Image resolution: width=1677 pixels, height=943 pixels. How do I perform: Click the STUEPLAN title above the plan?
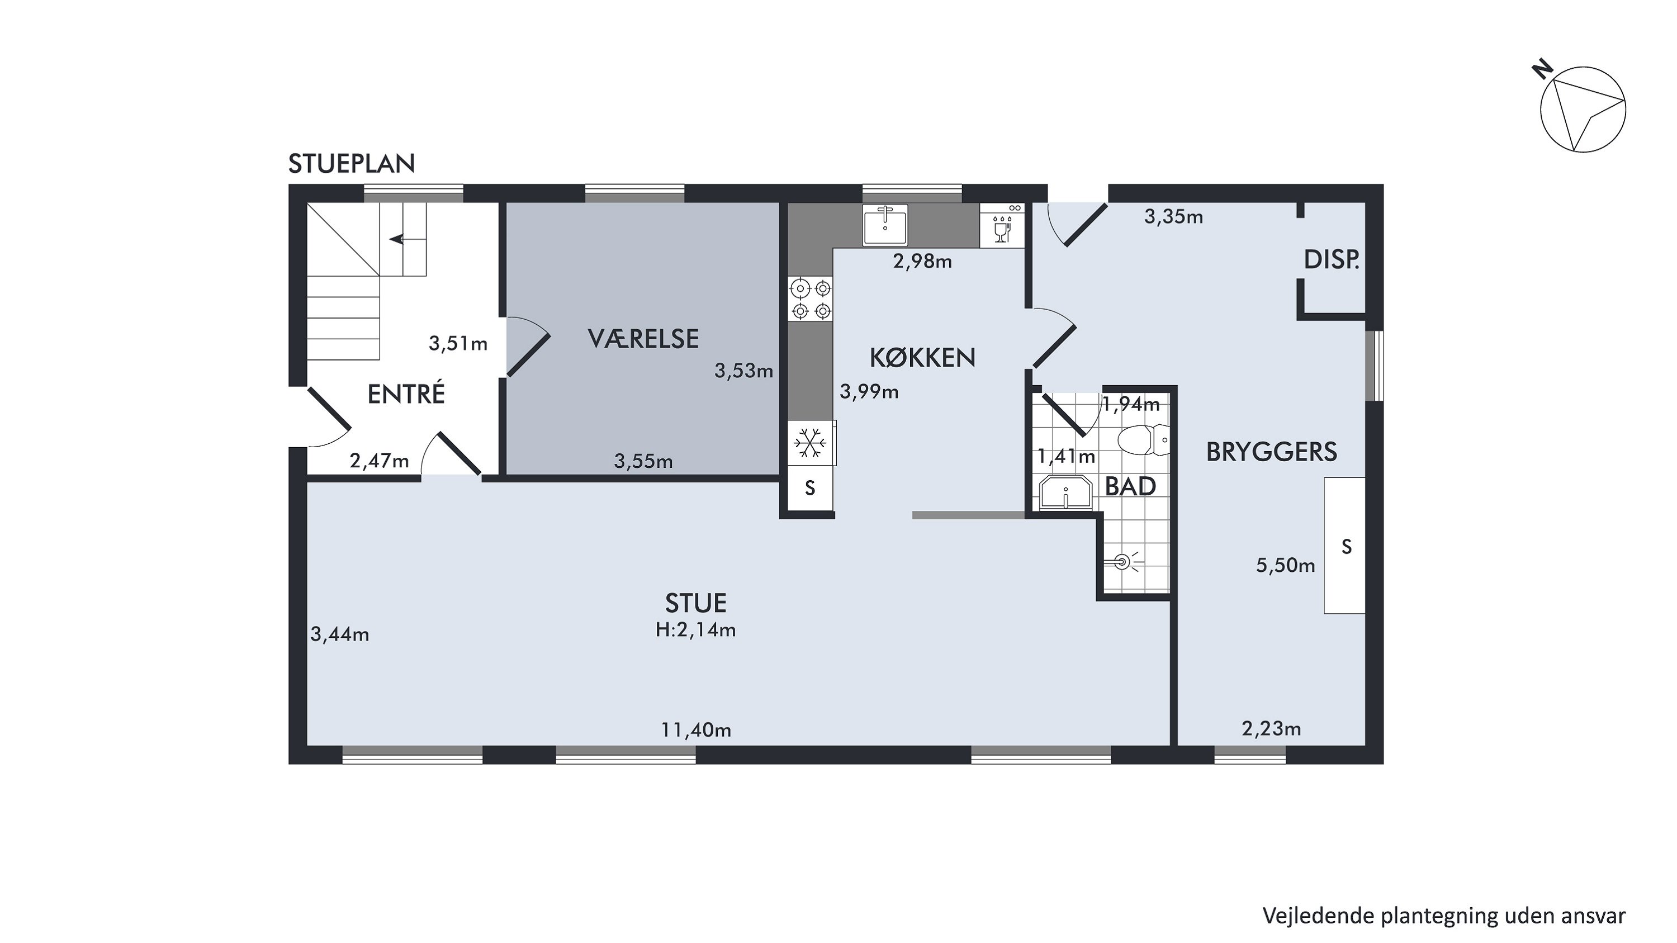(352, 164)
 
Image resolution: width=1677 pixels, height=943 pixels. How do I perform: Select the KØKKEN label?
(922, 357)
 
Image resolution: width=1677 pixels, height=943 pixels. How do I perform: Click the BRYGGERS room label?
(1271, 452)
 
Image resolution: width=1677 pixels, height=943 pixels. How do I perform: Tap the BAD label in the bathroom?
(1130, 487)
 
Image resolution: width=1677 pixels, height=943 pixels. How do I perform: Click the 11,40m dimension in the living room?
(696, 730)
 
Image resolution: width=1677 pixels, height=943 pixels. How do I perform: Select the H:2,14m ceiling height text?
(696, 630)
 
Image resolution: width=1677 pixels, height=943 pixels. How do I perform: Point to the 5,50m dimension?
(1285, 566)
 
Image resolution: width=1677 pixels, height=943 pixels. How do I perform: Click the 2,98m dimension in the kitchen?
(922, 262)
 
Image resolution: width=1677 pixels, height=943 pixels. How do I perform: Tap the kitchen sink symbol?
(885, 225)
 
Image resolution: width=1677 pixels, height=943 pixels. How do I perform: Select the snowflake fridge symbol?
(810, 444)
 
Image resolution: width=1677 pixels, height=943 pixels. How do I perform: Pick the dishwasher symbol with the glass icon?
(1002, 225)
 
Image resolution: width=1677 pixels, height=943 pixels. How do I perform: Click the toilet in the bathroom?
(1144, 440)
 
